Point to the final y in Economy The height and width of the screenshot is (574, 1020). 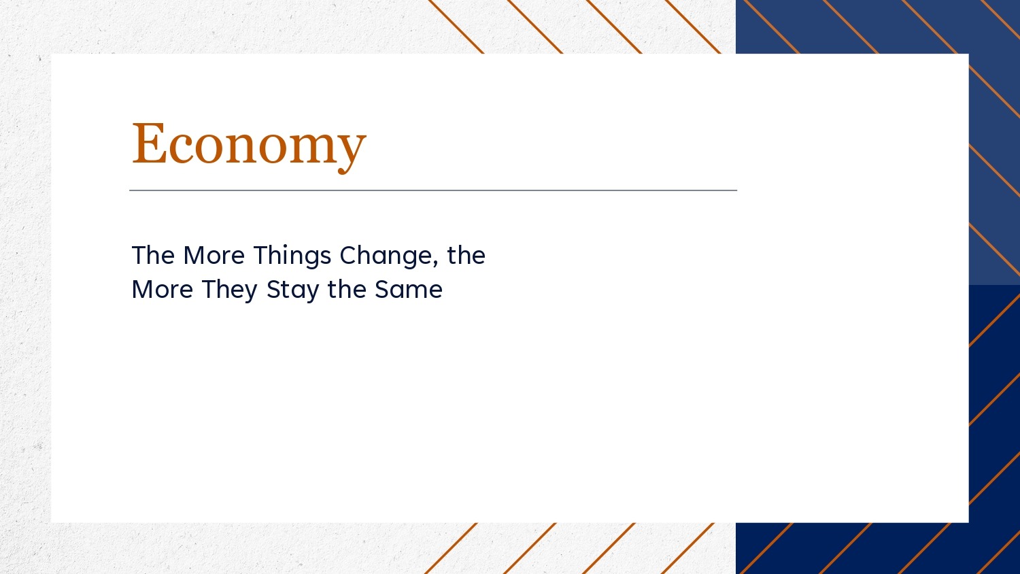click(x=351, y=152)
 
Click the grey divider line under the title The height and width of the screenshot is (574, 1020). click(x=433, y=190)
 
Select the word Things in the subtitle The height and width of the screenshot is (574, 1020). click(x=292, y=256)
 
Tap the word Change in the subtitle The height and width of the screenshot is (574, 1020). click(x=386, y=256)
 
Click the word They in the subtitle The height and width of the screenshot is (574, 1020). click(x=230, y=290)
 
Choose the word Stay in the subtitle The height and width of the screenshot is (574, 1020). click(x=292, y=290)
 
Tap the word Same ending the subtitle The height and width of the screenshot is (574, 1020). click(x=409, y=290)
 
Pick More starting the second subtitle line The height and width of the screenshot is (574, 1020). click(x=163, y=290)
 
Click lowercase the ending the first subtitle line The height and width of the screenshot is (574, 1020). click(x=466, y=255)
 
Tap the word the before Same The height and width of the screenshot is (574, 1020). click(x=347, y=290)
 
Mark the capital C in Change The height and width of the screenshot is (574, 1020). click(x=348, y=255)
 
